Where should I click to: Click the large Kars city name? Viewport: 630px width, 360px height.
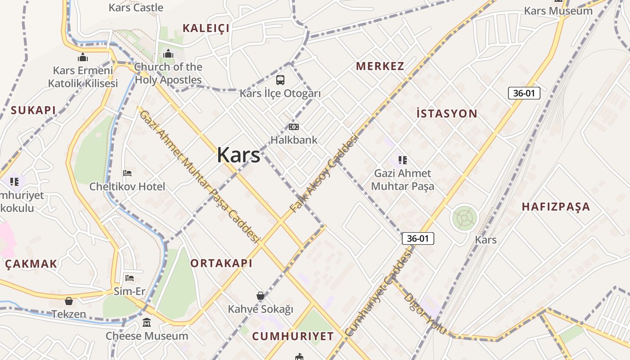pyautogui.click(x=238, y=155)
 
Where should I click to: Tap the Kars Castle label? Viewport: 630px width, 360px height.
pyautogui.click(x=136, y=8)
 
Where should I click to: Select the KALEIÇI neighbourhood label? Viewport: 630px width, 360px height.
pyautogui.click(x=206, y=28)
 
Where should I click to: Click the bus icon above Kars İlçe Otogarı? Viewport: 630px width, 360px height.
pyautogui.click(x=280, y=80)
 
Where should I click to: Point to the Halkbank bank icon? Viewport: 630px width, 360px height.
pyautogui.click(x=294, y=127)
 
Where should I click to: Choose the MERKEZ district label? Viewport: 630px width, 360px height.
pyautogui.click(x=380, y=66)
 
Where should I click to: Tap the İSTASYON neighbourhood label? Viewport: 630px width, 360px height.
pyautogui.click(x=446, y=113)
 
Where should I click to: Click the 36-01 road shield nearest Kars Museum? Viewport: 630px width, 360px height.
pyautogui.click(x=524, y=93)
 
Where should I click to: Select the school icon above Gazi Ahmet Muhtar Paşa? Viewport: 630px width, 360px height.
pyautogui.click(x=403, y=160)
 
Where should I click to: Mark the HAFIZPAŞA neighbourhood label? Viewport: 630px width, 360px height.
pyautogui.click(x=556, y=207)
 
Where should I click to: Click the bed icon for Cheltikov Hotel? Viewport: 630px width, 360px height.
pyautogui.click(x=127, y=173)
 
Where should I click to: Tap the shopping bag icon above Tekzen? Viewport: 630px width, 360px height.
pyautogui.click(x=69, y=301)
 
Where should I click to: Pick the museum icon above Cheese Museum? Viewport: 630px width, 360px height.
pyautogui.click(x=147, y=323)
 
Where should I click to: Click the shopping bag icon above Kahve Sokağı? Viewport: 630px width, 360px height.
pyautogui.click(x=260, y=295)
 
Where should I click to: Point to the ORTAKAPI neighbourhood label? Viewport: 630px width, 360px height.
pyautogui.click(x=221, y=263)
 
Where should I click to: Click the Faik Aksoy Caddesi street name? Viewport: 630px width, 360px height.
pyautogui.click(x=324, y=173)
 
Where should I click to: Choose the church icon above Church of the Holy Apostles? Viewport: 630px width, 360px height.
pyautogui.click(x=168, y=54)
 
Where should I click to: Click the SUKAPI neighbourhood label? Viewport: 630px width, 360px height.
pyautogui.click(x=33, y=110)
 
